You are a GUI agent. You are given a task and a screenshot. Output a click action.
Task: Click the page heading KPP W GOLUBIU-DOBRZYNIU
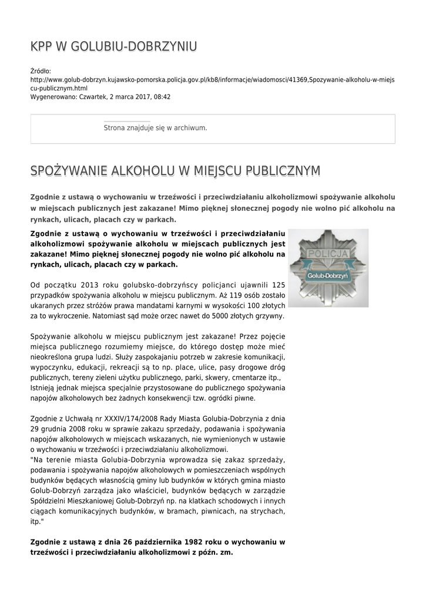(113, 46)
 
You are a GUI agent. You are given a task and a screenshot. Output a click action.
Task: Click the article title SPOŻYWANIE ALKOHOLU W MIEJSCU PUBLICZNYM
(175, 171)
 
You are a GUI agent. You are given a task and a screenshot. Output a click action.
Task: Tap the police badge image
(328, 268)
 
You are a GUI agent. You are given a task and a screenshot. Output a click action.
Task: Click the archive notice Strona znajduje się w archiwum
(155, 127)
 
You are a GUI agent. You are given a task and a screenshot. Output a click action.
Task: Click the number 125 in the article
(279, 285)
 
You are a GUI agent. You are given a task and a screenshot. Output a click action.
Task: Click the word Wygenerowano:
(52, 96)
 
